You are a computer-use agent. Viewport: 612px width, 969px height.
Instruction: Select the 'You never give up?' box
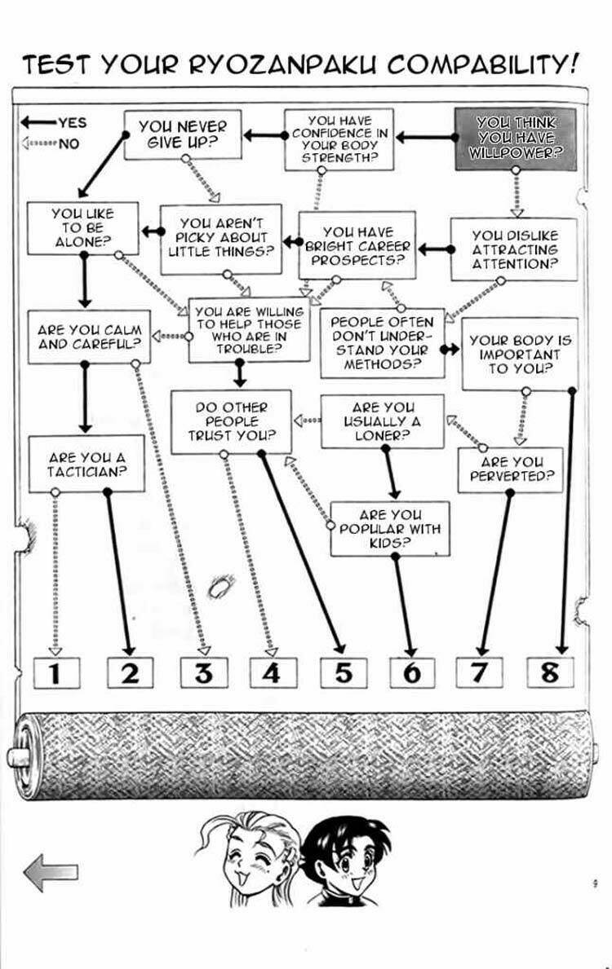coord(182,134)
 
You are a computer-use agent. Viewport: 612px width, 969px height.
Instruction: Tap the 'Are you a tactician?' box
coord(86,464)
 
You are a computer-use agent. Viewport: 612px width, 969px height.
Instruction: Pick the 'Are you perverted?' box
coord(511,469)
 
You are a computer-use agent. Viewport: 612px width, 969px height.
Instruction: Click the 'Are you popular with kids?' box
coord(390,528)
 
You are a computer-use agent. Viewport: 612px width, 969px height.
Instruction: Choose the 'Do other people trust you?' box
coord(231,421)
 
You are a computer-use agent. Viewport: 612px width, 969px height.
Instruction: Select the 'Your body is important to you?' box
coord(520,355)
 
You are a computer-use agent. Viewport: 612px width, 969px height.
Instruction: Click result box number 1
coord(55,672)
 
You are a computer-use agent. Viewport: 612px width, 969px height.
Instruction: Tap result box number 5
coord(344,672)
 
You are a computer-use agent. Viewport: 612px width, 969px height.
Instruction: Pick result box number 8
coord(550,672)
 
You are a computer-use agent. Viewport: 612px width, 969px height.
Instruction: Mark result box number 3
coord(204,672)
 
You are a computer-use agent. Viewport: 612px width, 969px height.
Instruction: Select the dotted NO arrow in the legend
coord(38,143)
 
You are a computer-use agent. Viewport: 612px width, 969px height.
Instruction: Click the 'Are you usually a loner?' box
coord(382,421)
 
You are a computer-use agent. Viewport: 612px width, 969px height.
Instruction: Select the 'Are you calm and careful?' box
coord(89,337)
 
